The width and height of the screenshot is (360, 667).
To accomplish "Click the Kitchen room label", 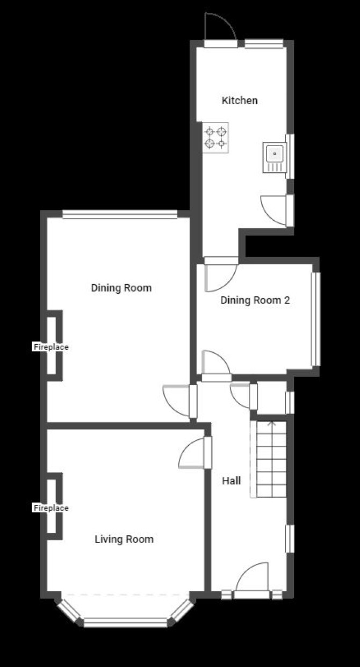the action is (x=240, y=100).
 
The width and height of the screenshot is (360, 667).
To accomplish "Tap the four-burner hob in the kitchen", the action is (x=215, y=137).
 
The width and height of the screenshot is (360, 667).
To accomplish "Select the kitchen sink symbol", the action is (x=275, y=157).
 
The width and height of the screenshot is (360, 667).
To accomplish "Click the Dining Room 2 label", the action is (x=255, y=300).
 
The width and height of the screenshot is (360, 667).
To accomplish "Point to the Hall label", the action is (x=231, y=481).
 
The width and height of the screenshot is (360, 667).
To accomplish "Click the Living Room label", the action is (x=124, y=539).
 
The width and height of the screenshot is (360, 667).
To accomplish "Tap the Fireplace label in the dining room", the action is (x=51, y=347).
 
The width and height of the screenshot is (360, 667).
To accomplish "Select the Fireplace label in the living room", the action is (x=51, y=508).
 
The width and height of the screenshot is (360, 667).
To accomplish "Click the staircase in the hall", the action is (x=268, y=459).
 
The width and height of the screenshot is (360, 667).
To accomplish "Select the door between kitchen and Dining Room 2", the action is (x=221, y=274).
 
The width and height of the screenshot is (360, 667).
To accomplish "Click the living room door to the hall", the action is (x=195, y=453).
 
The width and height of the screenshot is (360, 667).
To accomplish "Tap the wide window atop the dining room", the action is (x=120, y=214).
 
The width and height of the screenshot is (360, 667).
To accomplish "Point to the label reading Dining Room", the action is (x=121, y=288).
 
